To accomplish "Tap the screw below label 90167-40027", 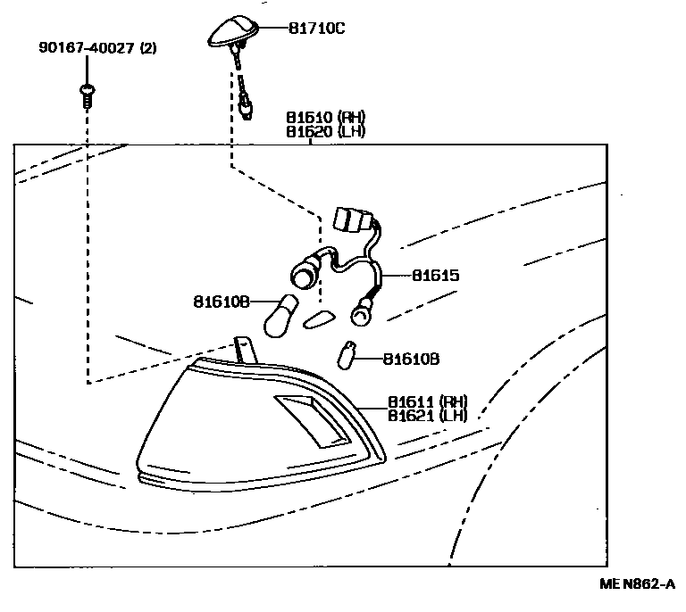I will tap(86, 94).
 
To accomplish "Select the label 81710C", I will tap(316, 29).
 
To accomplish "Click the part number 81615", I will tap(435, 276).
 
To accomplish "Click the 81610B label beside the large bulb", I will tap(220, 302).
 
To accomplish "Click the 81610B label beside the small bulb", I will tap(411, 359).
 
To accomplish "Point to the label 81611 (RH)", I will tap(427, 402).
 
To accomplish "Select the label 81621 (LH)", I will tap(427, 417).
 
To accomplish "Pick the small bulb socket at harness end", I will tap(362, 311).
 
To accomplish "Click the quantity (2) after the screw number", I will tap(147, 48).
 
